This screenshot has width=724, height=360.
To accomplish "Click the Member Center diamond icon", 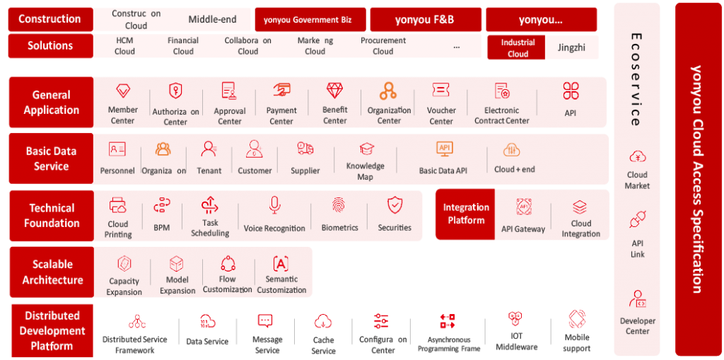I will coord(122,91).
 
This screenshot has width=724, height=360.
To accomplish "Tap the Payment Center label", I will coord(281,115).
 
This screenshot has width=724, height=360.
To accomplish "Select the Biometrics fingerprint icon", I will coord(339,206).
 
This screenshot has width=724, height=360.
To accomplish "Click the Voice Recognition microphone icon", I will coord(274,206).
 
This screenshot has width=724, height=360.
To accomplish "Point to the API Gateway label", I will coord(523,228).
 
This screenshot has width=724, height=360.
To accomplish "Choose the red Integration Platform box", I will coord(466,214).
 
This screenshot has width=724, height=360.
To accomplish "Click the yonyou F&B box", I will coord(426,20).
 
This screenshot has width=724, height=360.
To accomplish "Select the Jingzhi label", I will coord(572,47).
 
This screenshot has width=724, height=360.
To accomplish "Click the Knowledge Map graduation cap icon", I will coord(366,149).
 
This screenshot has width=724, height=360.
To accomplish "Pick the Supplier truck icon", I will coord(305,149).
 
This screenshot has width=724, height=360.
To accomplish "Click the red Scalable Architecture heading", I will coord(52,272).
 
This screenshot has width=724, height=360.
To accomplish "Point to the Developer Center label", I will coord(637,325).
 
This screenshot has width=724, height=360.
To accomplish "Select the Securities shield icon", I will coord(395,206).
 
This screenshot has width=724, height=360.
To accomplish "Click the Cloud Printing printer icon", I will coord(118,206).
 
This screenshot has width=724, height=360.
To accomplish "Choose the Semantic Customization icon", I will coord(281,264).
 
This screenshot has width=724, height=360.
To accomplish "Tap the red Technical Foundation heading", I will coord(52,215).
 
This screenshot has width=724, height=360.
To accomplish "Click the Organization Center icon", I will coord(388,91).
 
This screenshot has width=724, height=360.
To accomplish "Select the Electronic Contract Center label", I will coord(502,115).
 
